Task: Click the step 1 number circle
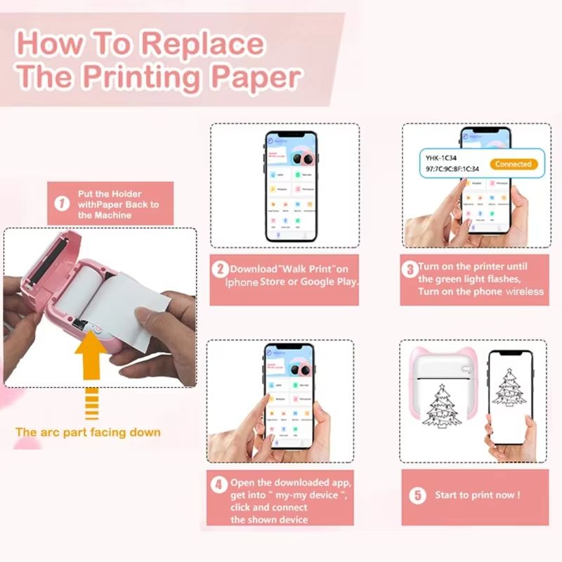pos(63,204)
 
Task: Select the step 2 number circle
pos(220,268)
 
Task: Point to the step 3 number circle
pos(410,268)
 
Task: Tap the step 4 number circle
pos(219,484)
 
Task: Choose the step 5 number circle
pos(418,495)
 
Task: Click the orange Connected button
pos(513,164)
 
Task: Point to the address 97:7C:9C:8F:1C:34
pos(453,169)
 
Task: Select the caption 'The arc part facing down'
pos(88,432)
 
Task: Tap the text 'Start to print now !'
pos(478,495)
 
